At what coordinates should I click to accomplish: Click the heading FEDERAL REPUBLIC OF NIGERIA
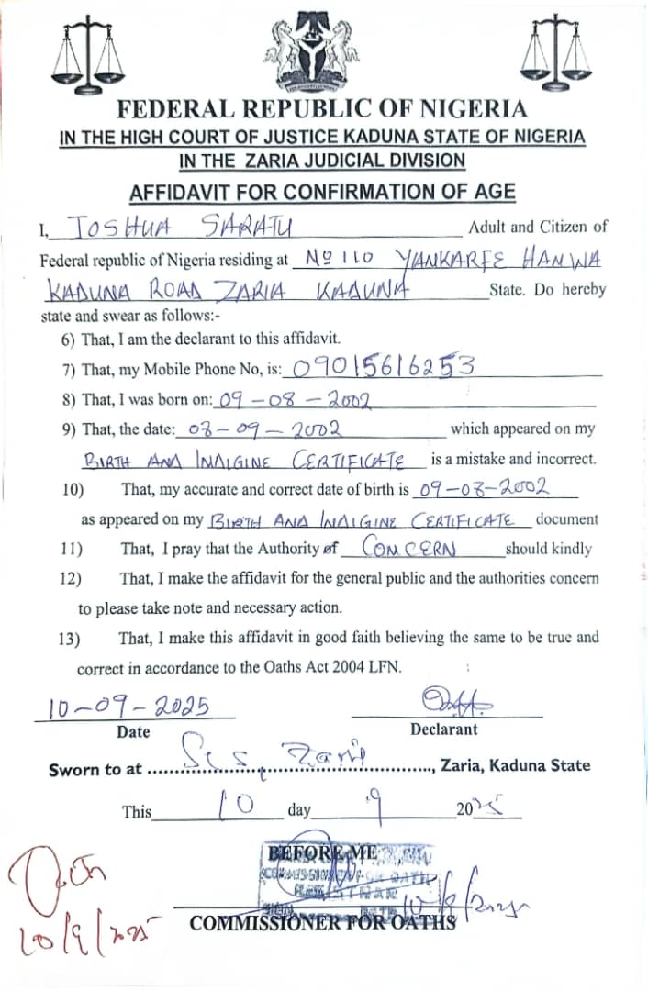tap(322, 110)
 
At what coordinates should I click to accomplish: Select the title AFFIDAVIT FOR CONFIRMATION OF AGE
tap(322, 193)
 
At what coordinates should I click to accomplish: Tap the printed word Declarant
tap(444, 729)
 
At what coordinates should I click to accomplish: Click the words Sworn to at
tap(95, 769)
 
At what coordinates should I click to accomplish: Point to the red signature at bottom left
tap(55, 895)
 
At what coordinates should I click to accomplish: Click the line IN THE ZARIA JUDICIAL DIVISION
tap(322, 161)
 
